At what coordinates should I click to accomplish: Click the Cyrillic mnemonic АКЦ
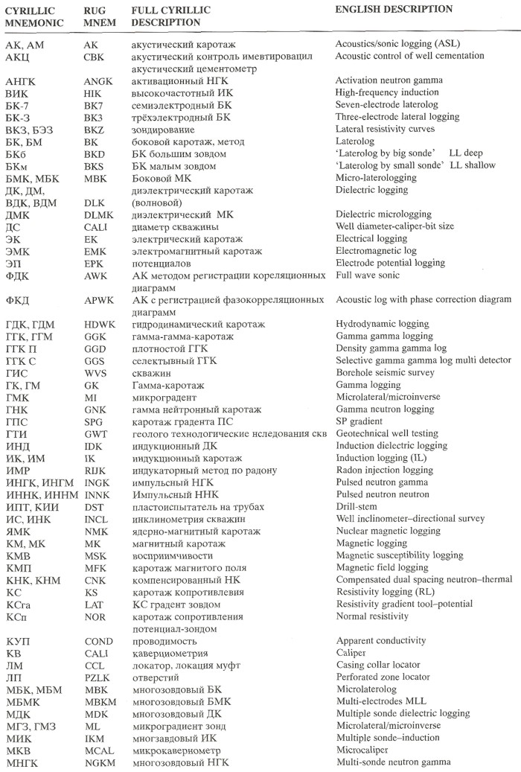click(x=18, y=57)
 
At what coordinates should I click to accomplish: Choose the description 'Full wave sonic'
click(x=368, y=275)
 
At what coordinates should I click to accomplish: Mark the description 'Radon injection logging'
click(x=383, y=470)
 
